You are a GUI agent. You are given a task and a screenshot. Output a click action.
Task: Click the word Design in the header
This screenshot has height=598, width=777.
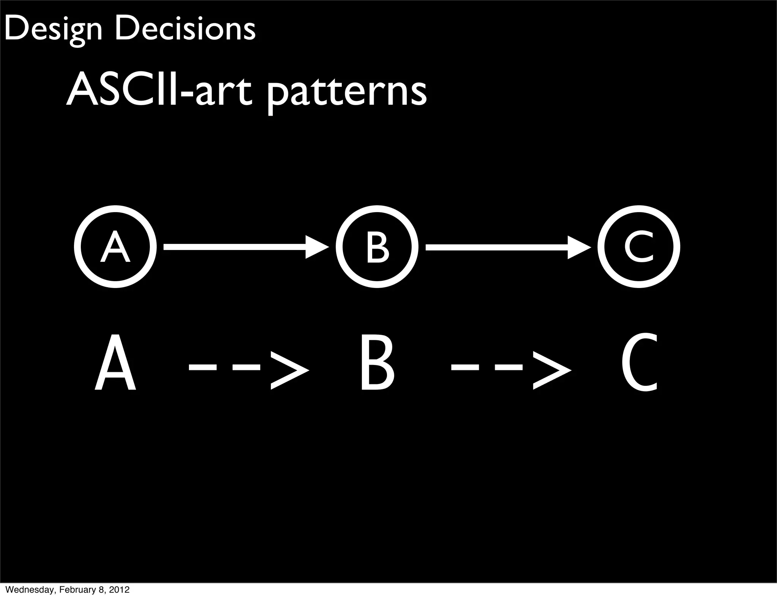pos(53,30)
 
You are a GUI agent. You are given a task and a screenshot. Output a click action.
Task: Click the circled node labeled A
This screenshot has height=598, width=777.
pos(115,247)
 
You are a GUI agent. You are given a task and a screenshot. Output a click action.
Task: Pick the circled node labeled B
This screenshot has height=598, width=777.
pos(377,247)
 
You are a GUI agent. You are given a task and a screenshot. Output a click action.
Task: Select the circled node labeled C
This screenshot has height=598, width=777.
pos(639,247)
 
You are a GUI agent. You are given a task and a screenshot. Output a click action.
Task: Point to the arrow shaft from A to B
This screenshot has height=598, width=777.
pos(235,247)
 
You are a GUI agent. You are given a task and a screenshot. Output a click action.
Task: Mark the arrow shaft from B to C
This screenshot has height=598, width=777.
pos(497,247)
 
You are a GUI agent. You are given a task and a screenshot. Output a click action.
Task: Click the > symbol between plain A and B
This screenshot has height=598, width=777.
pos(289,370)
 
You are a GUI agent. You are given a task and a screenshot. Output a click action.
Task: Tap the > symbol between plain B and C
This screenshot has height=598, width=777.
pos(552,370)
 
